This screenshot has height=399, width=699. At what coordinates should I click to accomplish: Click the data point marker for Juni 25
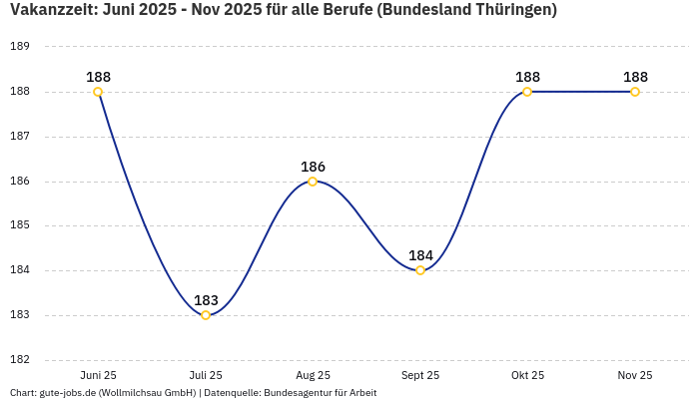pyautogui.click(x=98, y=92)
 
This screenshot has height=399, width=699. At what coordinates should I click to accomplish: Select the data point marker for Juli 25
pyautogui.click(x=206, y=315)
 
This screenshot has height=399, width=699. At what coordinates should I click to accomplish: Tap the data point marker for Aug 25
pyautogui.click(x=313, y=182)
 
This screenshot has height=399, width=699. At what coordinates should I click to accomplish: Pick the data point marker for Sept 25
pyautogui.click(x=420, y=270)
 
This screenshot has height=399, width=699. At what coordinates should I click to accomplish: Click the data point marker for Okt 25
pyautogui.click(x=527, y=92)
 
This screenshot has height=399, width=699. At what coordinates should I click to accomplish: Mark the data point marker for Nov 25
pyautogui.click(x=635, y=92)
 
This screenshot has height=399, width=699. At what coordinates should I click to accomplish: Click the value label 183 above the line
pyautogui.click(x=206, y=300)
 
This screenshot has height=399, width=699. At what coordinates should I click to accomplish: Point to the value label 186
pyautogui.click(x=313, y=167)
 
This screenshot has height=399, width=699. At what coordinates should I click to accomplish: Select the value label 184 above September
pyautogui.click(x=420, y=255)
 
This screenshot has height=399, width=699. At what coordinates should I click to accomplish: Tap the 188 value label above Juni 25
pyautogui.click(x=98, y=77)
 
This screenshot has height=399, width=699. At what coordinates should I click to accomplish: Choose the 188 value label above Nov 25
pyautogui.click(x=635, y=77)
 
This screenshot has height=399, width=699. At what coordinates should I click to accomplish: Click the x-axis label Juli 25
pyautogui.click(x=206, y=375)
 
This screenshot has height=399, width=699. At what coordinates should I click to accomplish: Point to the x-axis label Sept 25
pyautogui.click(x=420, y=375)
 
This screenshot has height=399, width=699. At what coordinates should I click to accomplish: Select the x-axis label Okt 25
pyautogui.click(x=527, y=375)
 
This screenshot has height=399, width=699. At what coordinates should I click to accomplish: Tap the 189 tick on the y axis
pyautogui.click(x=20, y=47)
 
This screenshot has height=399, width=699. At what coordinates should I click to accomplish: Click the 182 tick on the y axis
pyautogui.click(x=20, y=360)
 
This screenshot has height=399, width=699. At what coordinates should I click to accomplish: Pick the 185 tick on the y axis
pyautogui.click(x=20, y=225)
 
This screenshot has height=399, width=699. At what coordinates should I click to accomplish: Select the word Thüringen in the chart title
pyautogui.click(x=505, y=10)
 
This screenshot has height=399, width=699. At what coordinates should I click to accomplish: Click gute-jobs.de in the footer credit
pyautogui.click(x=67, y=393)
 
